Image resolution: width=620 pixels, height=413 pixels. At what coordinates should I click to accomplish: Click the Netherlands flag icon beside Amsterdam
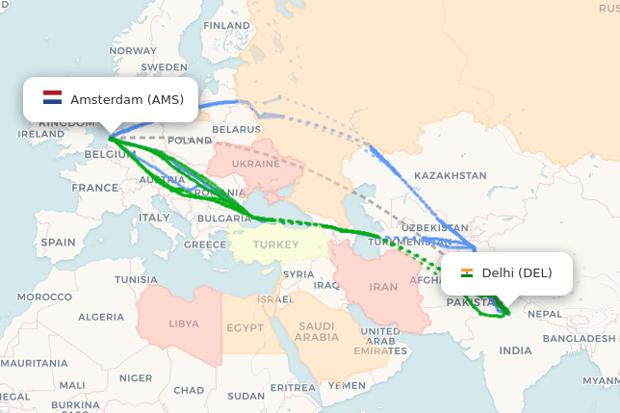point(52,98)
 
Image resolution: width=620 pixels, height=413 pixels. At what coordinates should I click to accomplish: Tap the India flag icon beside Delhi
point(467,272)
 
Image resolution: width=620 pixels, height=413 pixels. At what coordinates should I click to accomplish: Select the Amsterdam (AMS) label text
point(126,99)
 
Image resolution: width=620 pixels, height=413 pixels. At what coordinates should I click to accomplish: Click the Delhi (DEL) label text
point(517,272)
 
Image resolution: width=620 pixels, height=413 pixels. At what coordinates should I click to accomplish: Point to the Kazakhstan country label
point(450,175)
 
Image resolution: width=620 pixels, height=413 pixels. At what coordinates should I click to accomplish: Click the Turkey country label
point(275,245)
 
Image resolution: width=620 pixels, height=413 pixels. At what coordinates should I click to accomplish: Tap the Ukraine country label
point(255,164)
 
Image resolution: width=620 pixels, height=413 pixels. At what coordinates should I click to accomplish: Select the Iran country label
point(383,286)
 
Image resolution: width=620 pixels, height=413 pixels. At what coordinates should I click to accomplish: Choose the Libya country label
point(184,323)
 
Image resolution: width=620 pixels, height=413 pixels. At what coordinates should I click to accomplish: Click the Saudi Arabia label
point(316,331)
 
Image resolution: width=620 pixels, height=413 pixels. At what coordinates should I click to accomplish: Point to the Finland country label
point(226,25)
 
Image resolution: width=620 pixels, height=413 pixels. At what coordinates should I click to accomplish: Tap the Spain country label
point(58,243)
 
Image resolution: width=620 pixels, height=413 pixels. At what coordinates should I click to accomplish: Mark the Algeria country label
point(100,317)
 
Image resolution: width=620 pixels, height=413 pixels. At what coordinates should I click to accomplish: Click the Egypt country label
point(245,327)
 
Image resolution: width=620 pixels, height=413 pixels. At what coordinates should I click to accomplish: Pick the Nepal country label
point(545,314)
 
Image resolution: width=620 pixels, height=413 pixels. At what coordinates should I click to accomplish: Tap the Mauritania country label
point(27,362)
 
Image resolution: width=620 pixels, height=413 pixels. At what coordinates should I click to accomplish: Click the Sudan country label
point(245,395)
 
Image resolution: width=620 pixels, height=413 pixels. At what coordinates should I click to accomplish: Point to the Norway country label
point(133,50)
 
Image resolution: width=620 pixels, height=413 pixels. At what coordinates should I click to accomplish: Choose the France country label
point(94,187)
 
